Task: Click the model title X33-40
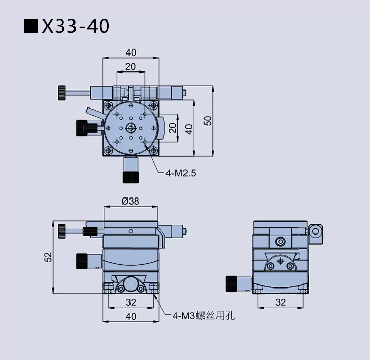tap(76, 26)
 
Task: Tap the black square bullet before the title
tap(31, 26)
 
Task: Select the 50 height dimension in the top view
tap(207, 121)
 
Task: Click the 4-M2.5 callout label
tap(180, 173)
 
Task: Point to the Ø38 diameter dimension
tap(131, 201)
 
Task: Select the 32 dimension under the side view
tap(281, 303)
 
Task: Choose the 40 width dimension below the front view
tap(131, 316)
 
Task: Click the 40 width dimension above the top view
tap(131, 52)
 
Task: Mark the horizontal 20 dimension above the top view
tap(131, 66)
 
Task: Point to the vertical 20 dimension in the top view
tap(173, 127)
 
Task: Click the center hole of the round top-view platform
tap(131, 128)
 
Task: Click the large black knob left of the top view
tap(82, 128)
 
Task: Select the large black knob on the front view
tap(82, 261)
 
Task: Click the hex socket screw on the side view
tap(280, 241)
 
